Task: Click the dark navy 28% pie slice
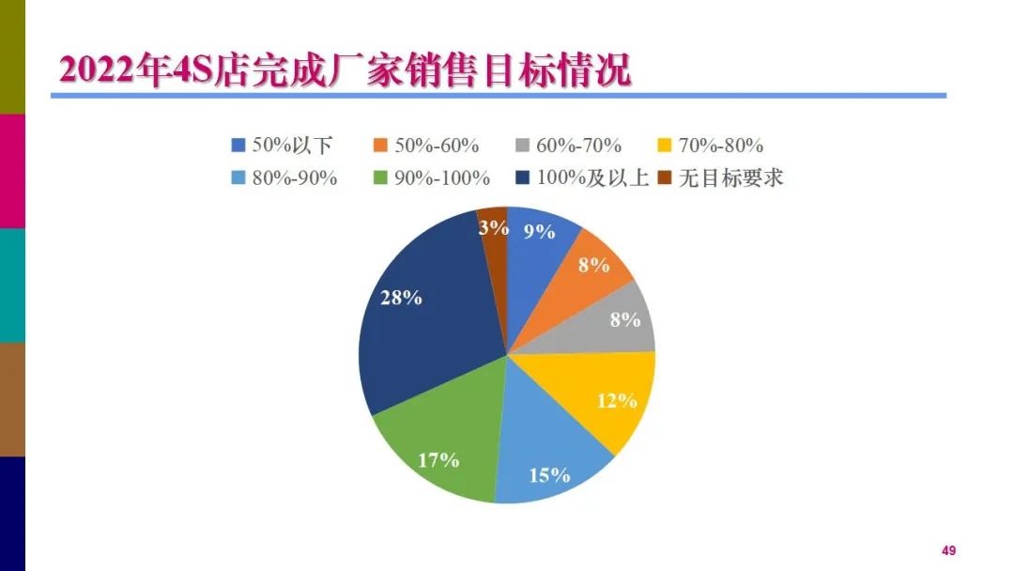422,319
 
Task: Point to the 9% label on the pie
539,232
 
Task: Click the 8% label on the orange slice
593,265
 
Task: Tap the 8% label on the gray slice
624,319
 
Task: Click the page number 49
948,550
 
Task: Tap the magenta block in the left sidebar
12,171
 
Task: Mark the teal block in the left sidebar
12,285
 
